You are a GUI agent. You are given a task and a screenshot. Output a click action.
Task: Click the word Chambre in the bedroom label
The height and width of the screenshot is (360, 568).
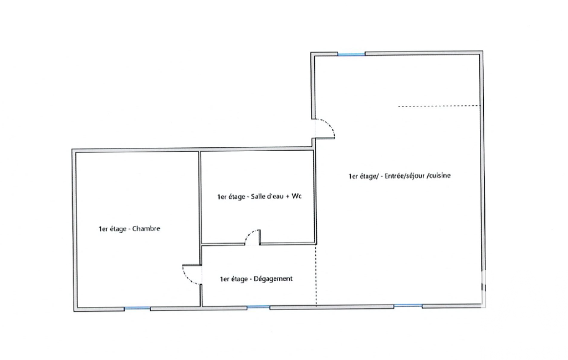(146, 229)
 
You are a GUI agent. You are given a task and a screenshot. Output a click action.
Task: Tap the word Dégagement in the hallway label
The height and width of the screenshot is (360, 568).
(273, 279)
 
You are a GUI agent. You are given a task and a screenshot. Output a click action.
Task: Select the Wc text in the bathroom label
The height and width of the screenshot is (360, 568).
(296, 196)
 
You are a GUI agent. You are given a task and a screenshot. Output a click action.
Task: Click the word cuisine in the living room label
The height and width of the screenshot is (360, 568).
(440, 176)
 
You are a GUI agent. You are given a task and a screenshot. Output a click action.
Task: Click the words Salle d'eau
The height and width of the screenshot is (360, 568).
(267, 197)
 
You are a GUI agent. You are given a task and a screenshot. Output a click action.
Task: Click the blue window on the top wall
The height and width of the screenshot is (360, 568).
(351, 54)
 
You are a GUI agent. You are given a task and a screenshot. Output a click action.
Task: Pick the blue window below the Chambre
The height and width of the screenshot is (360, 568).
(137, 308)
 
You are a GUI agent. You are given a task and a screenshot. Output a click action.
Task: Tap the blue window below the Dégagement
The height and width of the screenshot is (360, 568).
(258, 307)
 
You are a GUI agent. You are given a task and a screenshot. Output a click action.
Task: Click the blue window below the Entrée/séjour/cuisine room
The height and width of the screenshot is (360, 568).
(408, 306)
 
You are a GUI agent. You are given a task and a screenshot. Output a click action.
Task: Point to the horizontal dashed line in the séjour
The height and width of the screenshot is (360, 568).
(440, 106)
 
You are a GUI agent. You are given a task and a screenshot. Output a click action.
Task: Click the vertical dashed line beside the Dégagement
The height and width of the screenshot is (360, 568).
(316, 276)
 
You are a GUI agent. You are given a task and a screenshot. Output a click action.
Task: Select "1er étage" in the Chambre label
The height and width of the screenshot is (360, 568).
(112, 229)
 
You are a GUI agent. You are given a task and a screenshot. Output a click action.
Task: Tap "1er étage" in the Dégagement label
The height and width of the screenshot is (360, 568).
(234, 279)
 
